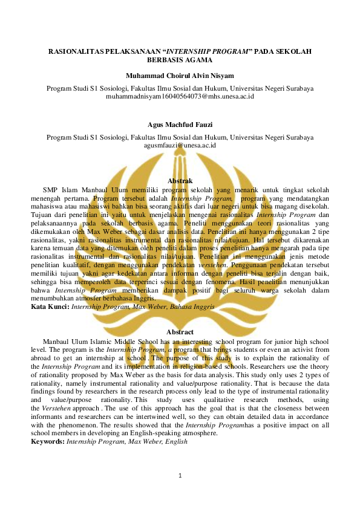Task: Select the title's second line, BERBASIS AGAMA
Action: pyautogui.click(x=180, y=60)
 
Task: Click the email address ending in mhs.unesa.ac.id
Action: pyautogui.click(x=180, y=96)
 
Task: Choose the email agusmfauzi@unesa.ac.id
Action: pyautogui.click(x=180, y=145)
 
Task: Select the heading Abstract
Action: pyautogui.click(x=180, y=332)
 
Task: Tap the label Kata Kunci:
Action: pyautogui.click(x=51, y=307)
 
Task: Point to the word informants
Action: pyautogui.click(x=50, y=417)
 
